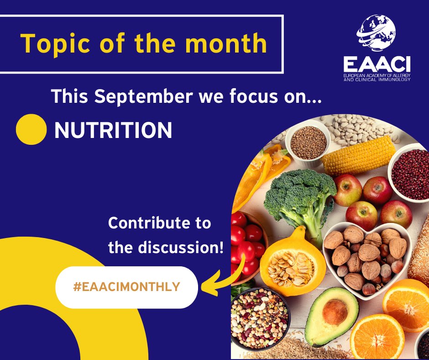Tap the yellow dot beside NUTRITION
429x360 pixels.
pyautogui.click(x=31, y=129)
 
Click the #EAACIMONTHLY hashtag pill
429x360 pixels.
pyautogui.click(x=126, y=287)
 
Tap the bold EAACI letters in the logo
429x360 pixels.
pyautogui.click(x=377, y=64)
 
